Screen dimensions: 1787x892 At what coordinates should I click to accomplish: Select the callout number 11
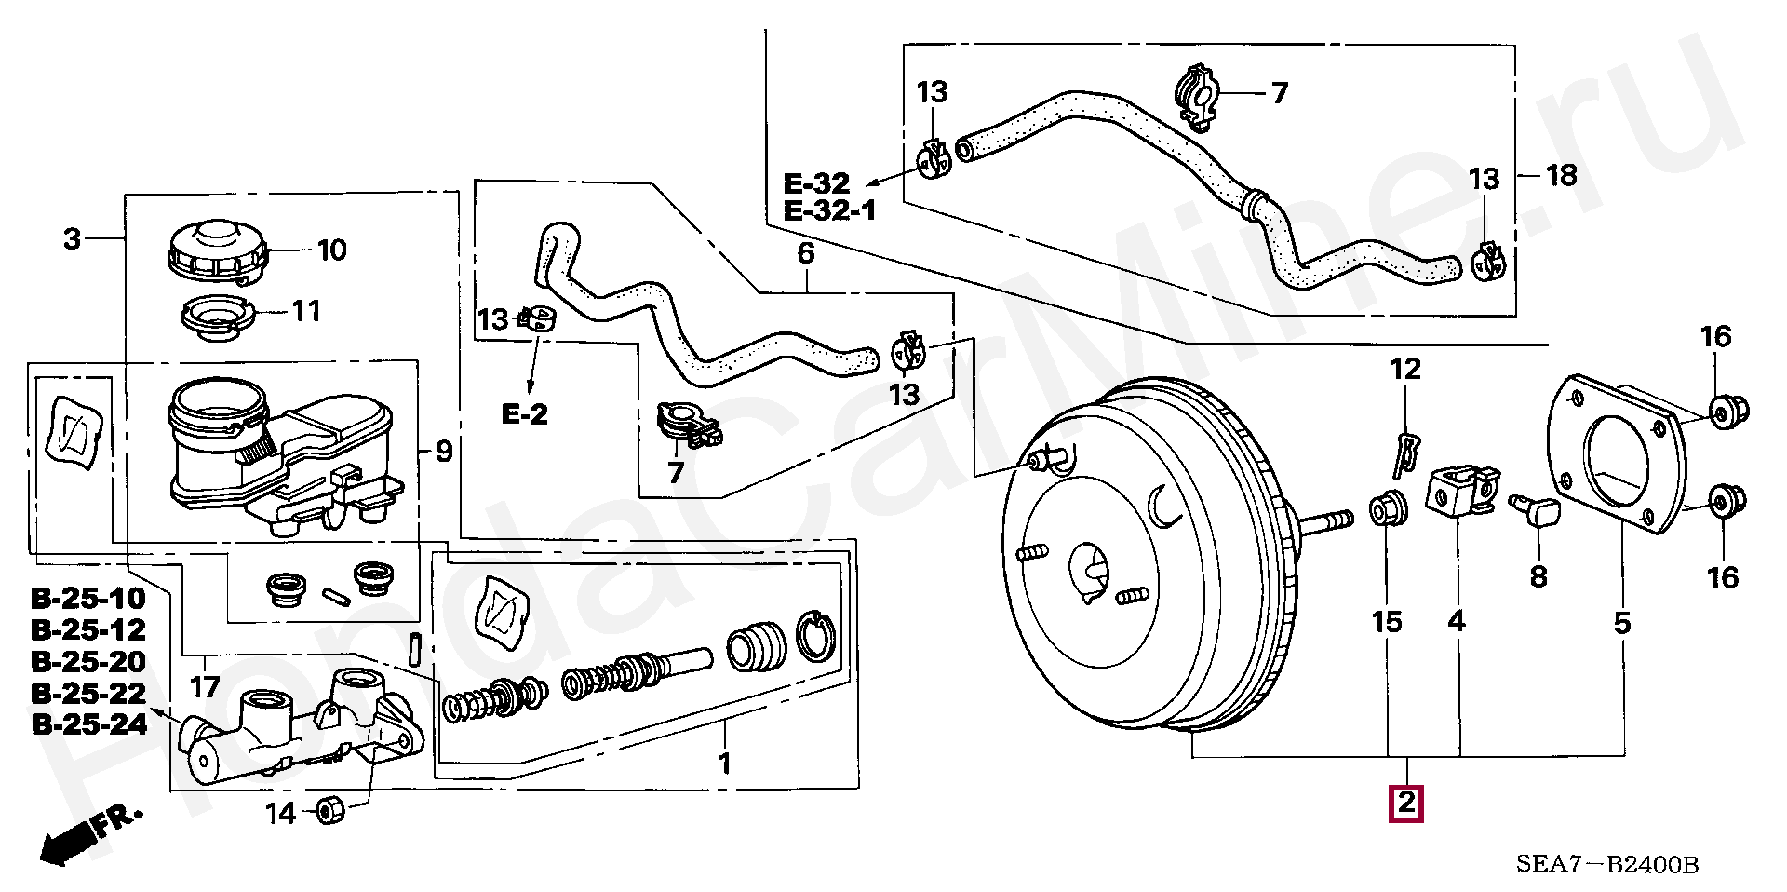pos(306,310)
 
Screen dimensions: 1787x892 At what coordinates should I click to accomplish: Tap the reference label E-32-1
pos(830,211)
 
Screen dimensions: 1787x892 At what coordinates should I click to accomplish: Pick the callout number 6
pos(806,253)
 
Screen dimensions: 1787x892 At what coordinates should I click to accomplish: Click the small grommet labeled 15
pos(1385,510)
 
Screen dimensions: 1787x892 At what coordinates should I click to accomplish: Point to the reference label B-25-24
pos(89,724)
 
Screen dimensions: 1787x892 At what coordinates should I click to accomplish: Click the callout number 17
pos(205,687)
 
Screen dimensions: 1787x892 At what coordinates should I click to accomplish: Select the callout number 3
pos(73,239)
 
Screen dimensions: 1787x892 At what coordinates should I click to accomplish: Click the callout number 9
pos(444,453)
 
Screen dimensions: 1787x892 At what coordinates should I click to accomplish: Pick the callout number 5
pos(1622,622)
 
